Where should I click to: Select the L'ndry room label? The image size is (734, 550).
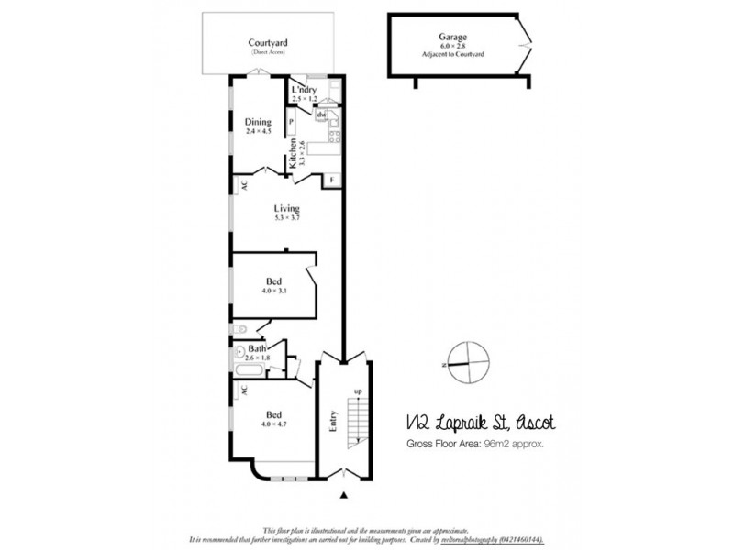(304, 90)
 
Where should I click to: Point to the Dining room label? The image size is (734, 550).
(258, 123)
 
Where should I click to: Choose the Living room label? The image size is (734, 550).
(286, 209)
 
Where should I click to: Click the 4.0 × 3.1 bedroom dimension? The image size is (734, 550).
(273, 291)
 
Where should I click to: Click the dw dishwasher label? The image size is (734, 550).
(321, 115)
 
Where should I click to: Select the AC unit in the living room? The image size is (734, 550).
(244, 184)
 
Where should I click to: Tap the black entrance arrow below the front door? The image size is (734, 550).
(344, 496)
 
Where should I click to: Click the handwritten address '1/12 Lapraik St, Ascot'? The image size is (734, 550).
(478, 423)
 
